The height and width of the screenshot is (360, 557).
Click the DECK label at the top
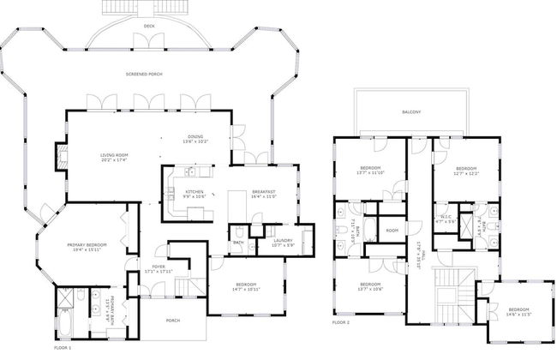click(149, 38)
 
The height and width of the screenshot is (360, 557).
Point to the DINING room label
click(196, 138)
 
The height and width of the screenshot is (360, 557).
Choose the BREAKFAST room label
click(263, 192)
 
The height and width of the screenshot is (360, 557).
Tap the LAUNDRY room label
click(282, 241)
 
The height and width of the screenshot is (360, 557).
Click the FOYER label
click(159, 266)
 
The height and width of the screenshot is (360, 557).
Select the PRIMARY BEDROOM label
click(87, 245)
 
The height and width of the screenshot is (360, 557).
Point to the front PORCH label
click(172, 321)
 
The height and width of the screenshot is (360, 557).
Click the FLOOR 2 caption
click(340, 323)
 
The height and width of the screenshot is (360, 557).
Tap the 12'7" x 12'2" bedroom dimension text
click(466, 173)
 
